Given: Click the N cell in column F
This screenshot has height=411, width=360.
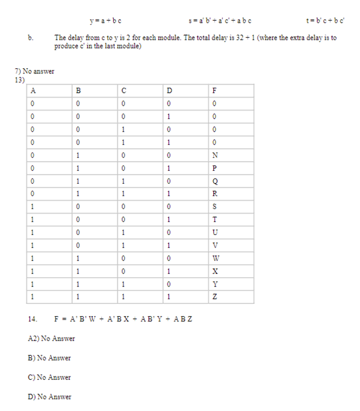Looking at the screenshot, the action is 216,155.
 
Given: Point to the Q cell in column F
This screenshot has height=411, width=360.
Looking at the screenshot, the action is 216,181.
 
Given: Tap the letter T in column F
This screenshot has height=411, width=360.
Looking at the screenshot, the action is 216,219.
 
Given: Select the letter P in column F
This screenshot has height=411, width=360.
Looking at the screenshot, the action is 216,168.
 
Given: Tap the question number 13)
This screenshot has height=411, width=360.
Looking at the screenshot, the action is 19,79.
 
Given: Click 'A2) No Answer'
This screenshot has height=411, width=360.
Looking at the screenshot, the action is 52,338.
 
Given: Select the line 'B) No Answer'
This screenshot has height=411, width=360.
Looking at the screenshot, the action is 50,358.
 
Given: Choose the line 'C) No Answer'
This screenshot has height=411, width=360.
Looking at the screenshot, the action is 50,377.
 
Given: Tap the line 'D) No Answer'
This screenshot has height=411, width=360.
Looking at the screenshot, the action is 50,397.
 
